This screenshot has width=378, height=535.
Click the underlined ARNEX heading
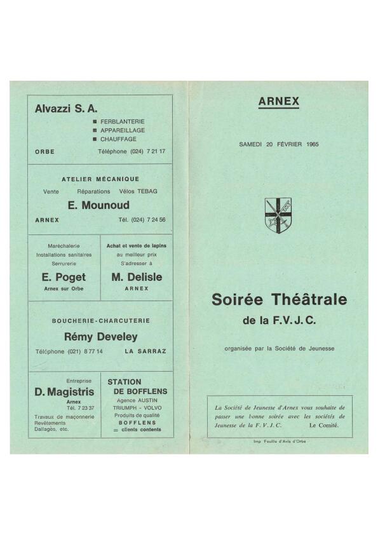click(278, 101)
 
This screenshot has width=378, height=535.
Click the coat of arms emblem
click(278, 215)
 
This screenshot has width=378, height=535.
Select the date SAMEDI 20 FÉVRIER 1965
click(278, 144)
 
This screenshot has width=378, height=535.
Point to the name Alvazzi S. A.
click(66, 109)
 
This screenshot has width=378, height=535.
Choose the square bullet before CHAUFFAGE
click(95, 139)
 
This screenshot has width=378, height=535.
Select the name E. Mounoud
click(98, 205)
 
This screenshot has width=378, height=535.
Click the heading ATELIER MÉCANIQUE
click(100, 179)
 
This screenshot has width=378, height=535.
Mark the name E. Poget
click(64, 277)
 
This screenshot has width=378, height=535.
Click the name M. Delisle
click(137, 277)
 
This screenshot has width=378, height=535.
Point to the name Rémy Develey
click(100, 337)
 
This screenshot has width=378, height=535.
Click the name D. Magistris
click(64, 392)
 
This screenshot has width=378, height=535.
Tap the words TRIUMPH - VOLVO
click(137, 409)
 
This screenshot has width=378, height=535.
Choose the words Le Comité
click(324, 424)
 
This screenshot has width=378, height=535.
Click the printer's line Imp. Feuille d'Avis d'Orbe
click(280, 442)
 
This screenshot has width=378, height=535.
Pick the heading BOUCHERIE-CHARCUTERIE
click(100, 321)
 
